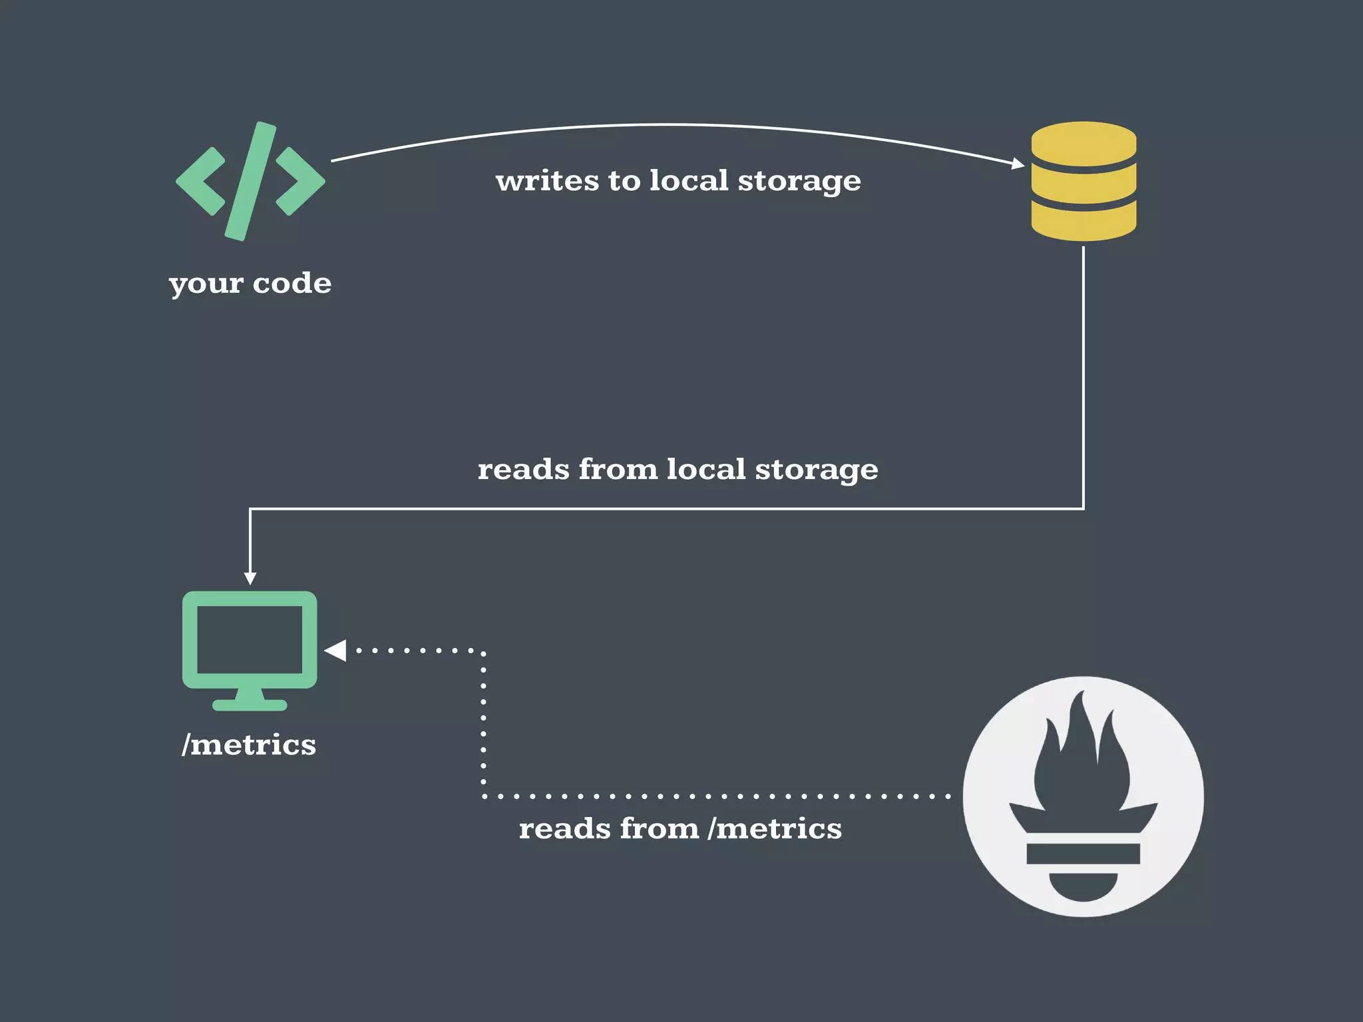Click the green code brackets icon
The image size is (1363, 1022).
coord(250,181)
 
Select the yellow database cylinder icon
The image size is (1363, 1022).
coord(1083,181)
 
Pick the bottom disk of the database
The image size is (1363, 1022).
coord(1083,224)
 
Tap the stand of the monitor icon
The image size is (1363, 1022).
coord(250,700)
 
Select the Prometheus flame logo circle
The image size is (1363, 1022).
coord(1083,796)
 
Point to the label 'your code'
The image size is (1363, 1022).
coord(250,283)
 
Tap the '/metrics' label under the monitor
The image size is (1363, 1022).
coord(249,745)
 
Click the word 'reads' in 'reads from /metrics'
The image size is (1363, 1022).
coord(564,829)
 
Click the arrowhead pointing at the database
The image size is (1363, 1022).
coord(1018,163)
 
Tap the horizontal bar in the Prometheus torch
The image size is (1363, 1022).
coord(1083,853)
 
